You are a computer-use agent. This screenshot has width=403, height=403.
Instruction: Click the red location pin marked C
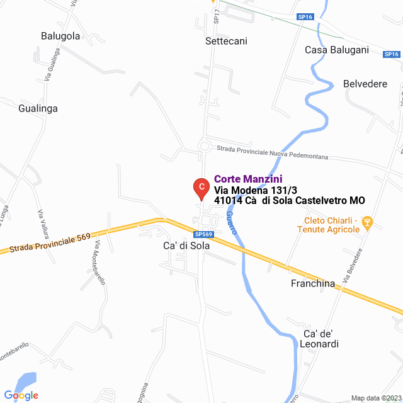(200, 187)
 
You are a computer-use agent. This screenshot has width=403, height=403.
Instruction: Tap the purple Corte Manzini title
(248, 179)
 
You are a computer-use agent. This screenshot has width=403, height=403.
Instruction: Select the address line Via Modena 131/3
(256, 190)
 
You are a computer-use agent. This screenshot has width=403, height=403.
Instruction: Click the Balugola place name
(60, 36)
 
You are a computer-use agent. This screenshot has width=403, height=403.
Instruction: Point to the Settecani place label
(226, 41)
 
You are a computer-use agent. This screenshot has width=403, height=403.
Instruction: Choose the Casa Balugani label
(336, 50)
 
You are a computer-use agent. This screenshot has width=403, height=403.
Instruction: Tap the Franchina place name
(313, 283)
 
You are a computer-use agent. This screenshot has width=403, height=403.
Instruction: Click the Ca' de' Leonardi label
(321, 339)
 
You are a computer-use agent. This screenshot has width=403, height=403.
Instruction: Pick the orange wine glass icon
(368, 222)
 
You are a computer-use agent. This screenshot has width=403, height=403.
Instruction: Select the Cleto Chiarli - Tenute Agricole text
(329, 225)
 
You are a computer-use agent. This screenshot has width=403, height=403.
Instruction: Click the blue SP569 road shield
(204, 234)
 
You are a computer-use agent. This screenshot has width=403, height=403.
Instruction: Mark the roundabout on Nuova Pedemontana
(204, 147)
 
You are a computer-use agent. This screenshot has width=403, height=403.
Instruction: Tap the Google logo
(21, 395)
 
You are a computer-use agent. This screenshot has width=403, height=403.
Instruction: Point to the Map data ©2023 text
(375, 398)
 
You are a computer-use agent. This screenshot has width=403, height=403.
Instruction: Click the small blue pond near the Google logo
(25, 382)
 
